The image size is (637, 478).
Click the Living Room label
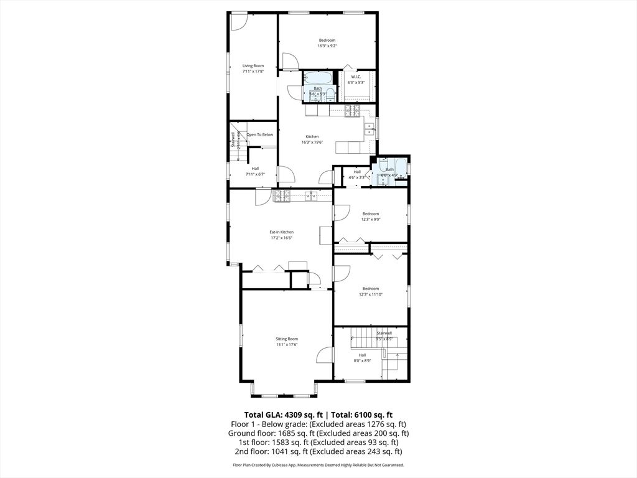[253, 66]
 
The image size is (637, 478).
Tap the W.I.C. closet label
[356, 77]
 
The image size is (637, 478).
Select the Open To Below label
[259, 134]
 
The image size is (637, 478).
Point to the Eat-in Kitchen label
[281, 232]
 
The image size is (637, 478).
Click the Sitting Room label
[287, 339]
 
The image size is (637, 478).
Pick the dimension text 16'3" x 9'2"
[327, 45]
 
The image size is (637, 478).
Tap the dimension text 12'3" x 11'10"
[371, 294]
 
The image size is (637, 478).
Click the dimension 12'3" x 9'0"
[371, 219]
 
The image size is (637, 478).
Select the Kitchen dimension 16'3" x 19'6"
[312, 142]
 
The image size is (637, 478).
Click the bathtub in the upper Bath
[318, 78]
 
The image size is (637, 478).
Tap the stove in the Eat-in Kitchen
[282, 196]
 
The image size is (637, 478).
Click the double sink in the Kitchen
[370, 129]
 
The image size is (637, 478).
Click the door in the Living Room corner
[238, 22]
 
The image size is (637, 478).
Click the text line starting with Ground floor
[318, 433]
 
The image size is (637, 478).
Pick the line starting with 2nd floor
[318, 452]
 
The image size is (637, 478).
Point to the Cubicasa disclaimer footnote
[318, 465]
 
